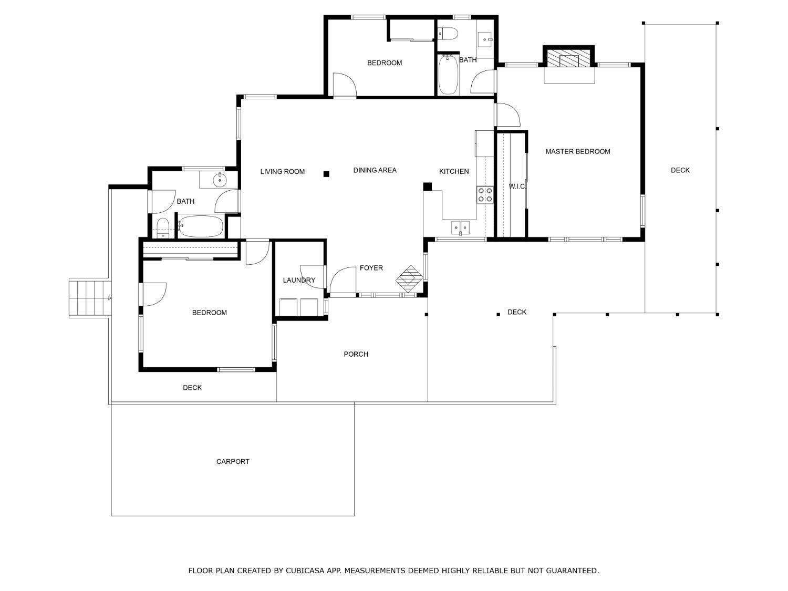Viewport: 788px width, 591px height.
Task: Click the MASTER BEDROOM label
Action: coord(577,151)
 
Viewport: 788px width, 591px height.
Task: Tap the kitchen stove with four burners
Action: coord(484,195)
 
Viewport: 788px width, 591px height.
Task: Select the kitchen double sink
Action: coord(461,227)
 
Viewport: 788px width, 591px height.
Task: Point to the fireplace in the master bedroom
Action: coord(568,60)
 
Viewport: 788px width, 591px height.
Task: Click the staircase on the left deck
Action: coord(90,298)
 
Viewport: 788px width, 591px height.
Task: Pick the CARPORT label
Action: coord(233,462)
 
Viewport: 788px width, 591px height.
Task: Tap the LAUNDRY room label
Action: coord(299,280)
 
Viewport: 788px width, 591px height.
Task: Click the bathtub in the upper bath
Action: coord(448,75)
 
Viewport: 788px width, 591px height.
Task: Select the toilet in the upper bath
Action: coord(448,34)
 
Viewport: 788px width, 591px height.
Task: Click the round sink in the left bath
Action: coord(220,180)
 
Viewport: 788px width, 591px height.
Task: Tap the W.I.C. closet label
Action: coord(517,186)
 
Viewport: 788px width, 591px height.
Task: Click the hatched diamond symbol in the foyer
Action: coord(409,278)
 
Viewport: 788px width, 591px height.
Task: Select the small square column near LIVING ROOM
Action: coord(326,174)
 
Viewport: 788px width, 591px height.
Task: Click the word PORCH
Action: coord(356,354)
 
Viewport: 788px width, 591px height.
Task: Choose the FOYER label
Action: coord(371,268)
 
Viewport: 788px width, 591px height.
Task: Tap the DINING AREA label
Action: coord(375,170)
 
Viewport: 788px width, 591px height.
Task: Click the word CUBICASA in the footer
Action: coord(304,571)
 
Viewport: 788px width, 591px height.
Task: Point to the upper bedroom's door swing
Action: coord(344,85)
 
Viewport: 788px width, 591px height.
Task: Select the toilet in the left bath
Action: coord(163,227)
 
